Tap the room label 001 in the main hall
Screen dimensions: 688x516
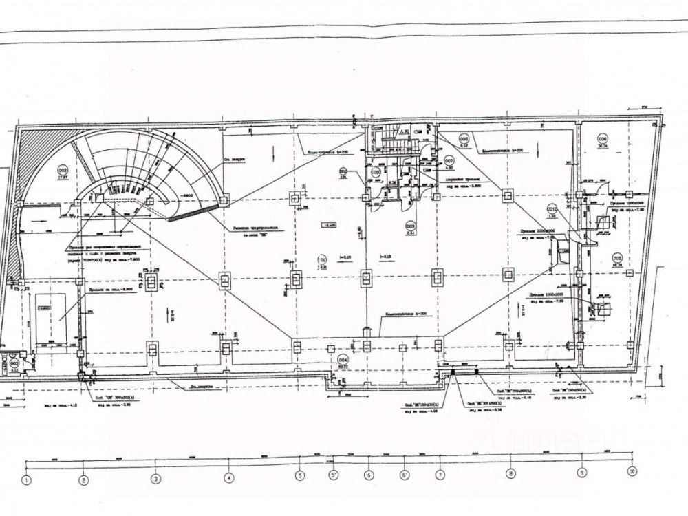point(320,260)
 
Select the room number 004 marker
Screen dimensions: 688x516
point(343,358)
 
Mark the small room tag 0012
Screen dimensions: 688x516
point(551,208)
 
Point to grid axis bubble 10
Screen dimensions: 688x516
point(632,472)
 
